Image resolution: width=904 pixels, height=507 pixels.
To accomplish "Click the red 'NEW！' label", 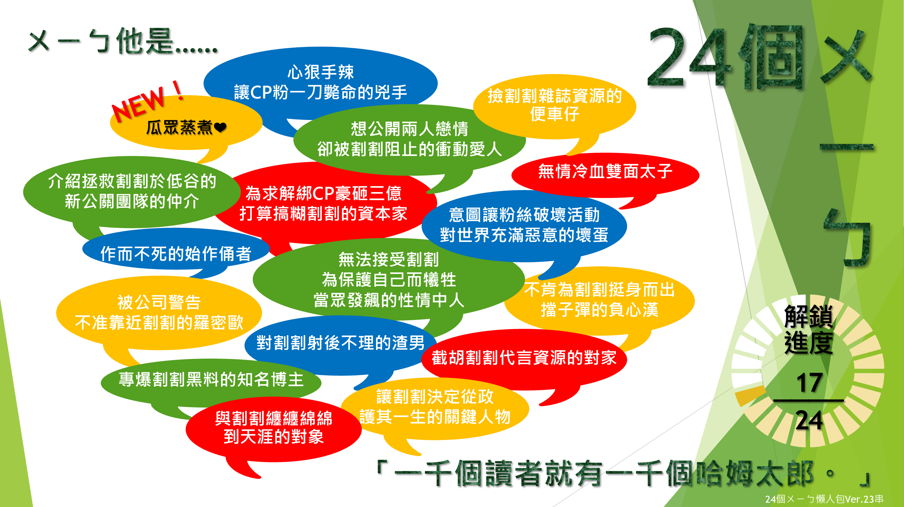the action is tap(147, 102).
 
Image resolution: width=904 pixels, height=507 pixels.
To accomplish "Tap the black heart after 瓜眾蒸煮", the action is tap(220, 128).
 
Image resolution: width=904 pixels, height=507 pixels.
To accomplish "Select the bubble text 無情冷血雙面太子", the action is tap(605, 172).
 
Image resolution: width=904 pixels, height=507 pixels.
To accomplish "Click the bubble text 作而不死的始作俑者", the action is tap(176, 253).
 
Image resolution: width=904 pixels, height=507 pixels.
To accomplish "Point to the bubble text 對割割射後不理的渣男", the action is tap(340, 343).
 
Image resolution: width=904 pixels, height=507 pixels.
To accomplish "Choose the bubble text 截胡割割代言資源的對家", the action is tap(524, 358).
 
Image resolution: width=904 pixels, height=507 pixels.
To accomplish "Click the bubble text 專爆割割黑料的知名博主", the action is tap(211, 379).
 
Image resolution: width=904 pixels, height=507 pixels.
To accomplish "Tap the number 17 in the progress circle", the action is tap(809, 383).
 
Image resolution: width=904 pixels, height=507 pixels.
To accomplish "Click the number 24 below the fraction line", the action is tap(809, 420).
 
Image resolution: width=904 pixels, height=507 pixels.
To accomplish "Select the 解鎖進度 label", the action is tap(809, 329).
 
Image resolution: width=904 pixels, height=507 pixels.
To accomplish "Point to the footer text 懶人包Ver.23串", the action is tap(849, 499).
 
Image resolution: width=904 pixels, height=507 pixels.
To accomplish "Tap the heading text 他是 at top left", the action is tap(145, 41).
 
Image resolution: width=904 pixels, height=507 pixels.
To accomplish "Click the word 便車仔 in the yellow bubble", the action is tap(554, 114).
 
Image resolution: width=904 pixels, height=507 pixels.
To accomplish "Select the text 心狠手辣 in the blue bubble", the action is tap(321, 72).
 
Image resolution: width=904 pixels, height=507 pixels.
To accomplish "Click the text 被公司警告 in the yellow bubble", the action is tap(159, 302).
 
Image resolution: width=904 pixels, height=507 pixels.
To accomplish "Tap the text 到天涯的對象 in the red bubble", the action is tap(274, 437).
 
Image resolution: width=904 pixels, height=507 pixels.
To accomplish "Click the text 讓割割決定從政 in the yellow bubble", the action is tap(435, 397).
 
